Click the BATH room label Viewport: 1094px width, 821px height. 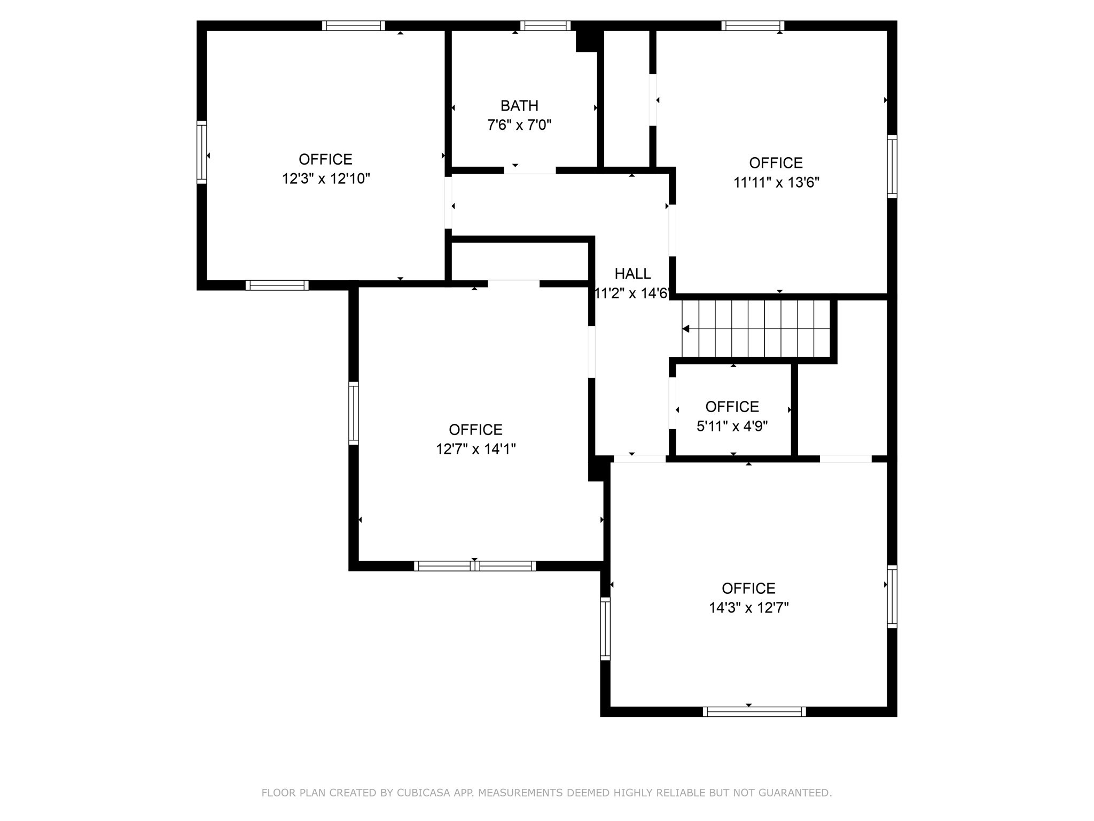pos(519,106)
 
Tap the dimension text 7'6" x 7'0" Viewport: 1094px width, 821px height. pos(519,126)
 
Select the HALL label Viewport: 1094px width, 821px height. pos(632,274)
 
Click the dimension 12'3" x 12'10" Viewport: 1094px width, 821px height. pos(326,179)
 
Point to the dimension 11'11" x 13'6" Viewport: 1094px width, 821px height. pos(776,182)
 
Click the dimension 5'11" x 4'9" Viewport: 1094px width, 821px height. pos(732,426)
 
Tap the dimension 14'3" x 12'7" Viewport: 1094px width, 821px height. pos(748,608)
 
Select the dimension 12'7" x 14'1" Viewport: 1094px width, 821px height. pos(475,449)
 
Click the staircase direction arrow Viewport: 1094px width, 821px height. pos(686,329)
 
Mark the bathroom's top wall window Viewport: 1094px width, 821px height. pos(545,26)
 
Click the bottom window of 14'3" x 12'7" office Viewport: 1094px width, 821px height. pos(754,711)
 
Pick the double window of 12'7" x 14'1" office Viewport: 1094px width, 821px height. pos(474,566)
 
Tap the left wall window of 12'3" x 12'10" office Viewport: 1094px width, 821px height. pos(201,152)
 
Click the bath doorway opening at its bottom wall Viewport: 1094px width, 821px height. pos(530,171)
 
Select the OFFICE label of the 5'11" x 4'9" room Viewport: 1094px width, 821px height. pos(732,407)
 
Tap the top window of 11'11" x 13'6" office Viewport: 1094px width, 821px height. pos(753,26)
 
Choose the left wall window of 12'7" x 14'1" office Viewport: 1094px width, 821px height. pos(354,413)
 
